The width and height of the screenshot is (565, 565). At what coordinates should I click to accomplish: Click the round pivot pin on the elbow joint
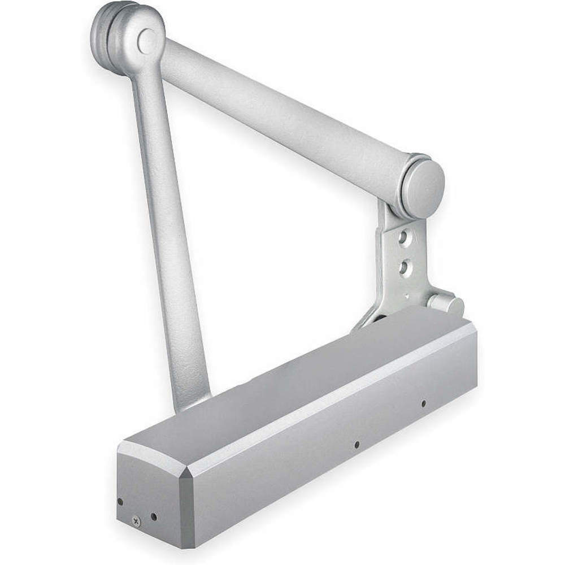point(147,40)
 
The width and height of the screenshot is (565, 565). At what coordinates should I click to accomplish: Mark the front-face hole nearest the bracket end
point(423,403)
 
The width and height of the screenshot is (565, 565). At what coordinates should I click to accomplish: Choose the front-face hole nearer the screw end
point(357,445)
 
